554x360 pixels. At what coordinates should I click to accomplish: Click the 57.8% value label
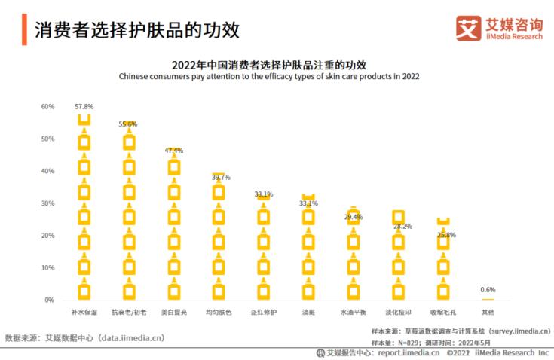84,107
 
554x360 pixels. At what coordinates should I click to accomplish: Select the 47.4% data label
174,151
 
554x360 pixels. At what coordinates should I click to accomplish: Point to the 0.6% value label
488,290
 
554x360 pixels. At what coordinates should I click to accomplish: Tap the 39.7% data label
221,178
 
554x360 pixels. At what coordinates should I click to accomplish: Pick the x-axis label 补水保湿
84,311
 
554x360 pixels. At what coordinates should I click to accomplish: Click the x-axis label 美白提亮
174,311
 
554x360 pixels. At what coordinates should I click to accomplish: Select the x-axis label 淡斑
308,311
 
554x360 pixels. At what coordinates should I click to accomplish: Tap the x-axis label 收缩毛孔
443,311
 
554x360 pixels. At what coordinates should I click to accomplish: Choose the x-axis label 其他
488,311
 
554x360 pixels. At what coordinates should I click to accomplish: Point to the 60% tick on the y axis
47,107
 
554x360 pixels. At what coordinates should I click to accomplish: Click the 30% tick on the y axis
47,203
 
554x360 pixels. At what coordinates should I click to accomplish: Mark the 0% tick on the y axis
50,300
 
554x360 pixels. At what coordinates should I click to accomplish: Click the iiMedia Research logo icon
468,29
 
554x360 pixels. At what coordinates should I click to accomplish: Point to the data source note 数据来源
84,338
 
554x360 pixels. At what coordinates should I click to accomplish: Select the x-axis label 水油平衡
353,311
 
